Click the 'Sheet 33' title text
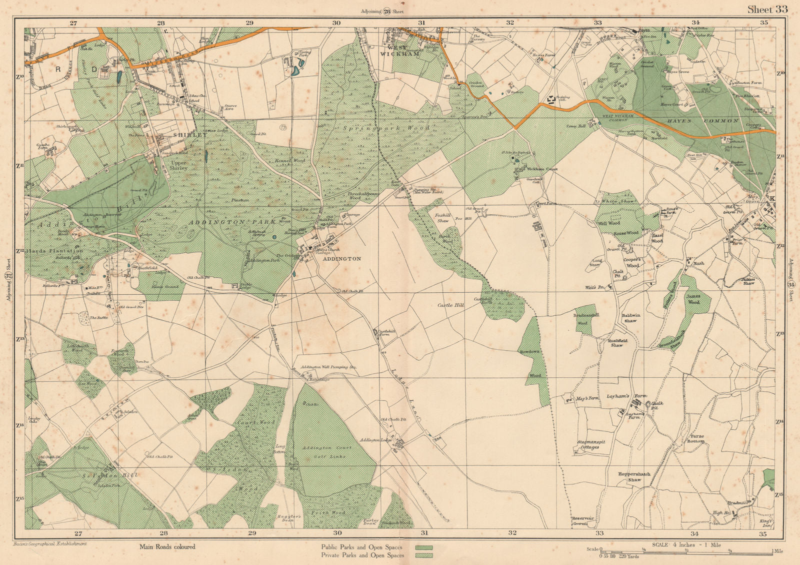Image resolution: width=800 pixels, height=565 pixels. coord(767,10)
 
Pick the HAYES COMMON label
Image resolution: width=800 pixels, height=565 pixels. coord(702,121)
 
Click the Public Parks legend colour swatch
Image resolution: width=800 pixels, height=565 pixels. coord(424,547)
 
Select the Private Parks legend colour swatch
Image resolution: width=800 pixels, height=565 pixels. coord(424,555)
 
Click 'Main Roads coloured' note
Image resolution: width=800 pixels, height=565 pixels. coord(167,547)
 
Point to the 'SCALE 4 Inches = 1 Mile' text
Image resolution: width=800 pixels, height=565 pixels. coord(686,545)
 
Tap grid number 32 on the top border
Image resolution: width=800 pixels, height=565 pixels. coord(509,23)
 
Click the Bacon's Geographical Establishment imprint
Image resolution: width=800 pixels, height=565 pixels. coord(48,543)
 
